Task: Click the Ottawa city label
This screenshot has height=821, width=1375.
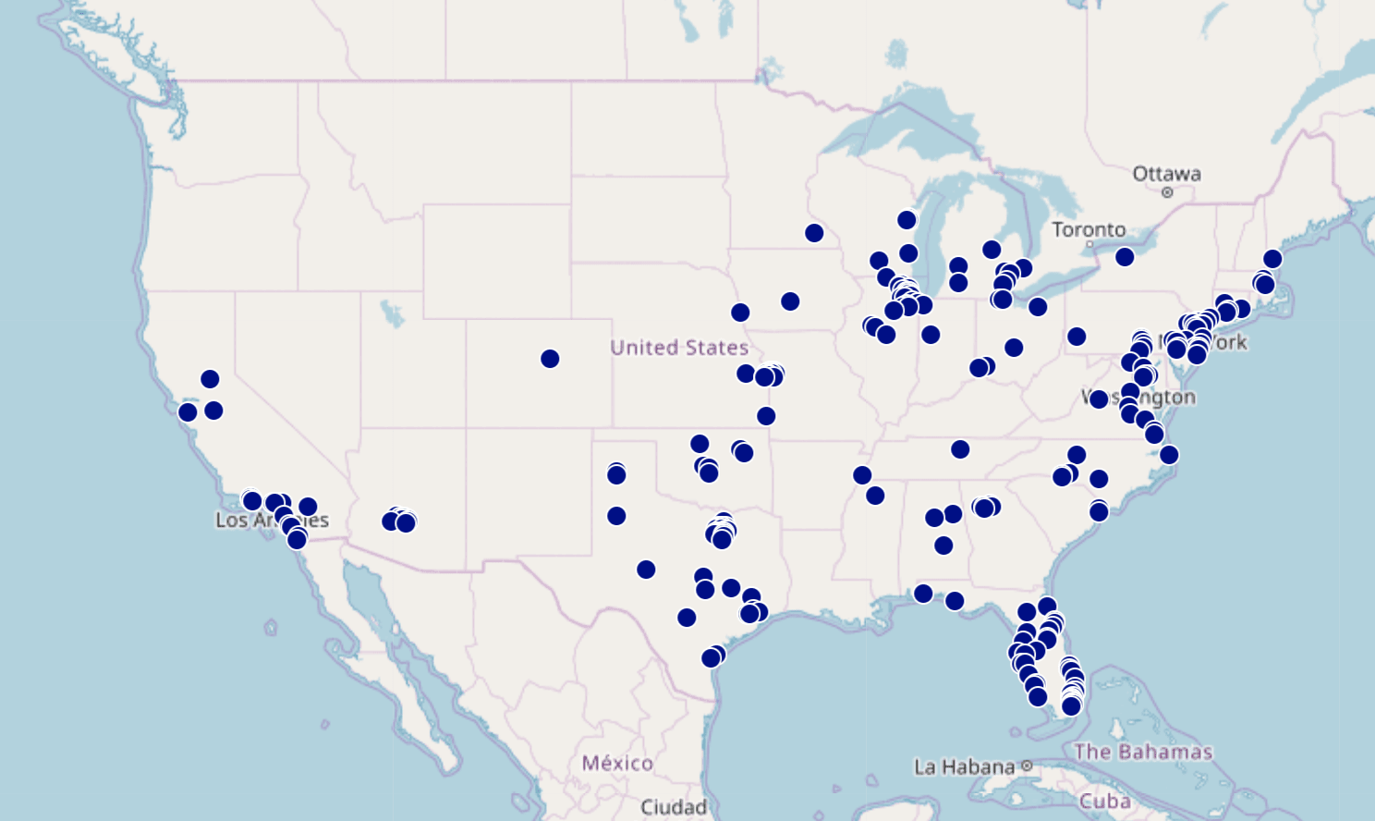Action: point(1166,174)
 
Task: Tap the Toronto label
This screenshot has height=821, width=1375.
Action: point(1089,229)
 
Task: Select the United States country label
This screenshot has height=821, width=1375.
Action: point(679,348)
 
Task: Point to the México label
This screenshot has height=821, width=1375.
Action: point(617,763)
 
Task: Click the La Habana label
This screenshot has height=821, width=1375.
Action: point(964,766)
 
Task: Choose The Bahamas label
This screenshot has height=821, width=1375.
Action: point(1143,752)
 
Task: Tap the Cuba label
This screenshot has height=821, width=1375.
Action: point(1105,801)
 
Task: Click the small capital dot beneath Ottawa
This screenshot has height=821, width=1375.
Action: point(1167,192)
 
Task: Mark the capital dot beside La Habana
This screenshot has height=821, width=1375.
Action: point(1027,766)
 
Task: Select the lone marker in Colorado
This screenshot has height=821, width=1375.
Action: point(550,359)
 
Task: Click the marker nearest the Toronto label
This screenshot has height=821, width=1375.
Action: point(1125,257)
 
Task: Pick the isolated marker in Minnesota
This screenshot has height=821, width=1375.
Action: point(814,233)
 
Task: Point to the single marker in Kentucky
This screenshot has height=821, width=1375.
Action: point(960,449)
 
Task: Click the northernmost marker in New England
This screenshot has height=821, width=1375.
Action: point(1272,259)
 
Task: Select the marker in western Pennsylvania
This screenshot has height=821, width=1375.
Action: point(1077,337)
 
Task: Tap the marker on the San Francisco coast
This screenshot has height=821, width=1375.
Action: point(188,412)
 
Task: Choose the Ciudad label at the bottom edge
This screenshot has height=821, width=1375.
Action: point(674,807)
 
